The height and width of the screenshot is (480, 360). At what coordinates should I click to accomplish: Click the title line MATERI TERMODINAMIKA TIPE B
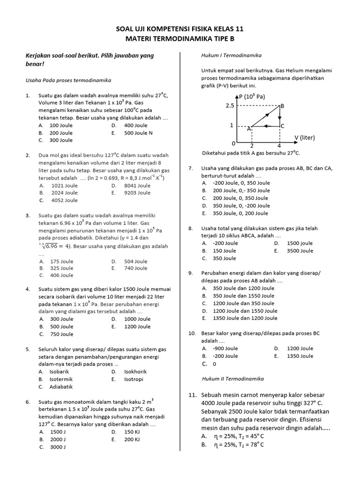(x=180, y=38)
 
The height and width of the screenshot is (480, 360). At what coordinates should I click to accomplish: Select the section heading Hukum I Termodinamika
(x=231, y=55)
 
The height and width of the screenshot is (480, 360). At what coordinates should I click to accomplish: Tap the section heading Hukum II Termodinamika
(x=232, y=378)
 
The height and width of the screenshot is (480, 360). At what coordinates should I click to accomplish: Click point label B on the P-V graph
(x=282, y=106)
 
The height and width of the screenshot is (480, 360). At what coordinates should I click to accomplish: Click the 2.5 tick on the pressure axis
(x=229, y=106)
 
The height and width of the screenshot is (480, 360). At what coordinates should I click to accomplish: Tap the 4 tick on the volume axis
(x=279, y=146)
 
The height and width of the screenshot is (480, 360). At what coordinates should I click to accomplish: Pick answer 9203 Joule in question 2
(x=137, y=193)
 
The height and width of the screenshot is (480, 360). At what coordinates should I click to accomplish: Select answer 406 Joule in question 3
(x=62, y=275)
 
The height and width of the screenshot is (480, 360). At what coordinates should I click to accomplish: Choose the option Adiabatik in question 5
(x=61, y=387)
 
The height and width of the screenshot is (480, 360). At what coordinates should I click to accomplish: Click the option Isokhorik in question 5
(x=135, y=372)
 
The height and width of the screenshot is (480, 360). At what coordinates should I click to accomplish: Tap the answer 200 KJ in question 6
(x=132, y=439)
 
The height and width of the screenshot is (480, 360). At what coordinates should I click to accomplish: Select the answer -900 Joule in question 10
(x=225, y=348)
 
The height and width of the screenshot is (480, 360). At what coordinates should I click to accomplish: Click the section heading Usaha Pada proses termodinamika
(x=68, y=80)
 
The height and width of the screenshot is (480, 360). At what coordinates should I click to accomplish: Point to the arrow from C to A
(x=266, y=126)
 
